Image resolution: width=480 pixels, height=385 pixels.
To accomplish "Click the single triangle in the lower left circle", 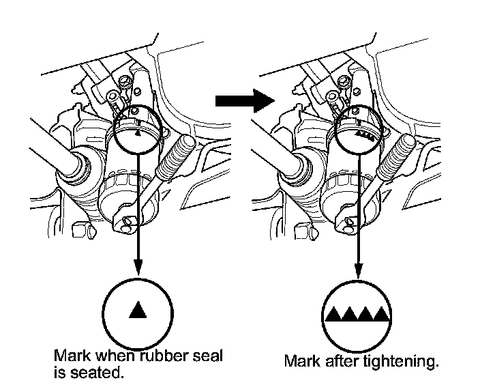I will (x=138, y=311).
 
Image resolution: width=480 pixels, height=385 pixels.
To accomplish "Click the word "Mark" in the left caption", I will (x=71, y=356).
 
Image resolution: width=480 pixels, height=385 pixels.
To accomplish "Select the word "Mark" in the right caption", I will (x=301, y=361).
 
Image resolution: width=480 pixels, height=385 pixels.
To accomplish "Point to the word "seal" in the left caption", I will (x=207, y=356).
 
